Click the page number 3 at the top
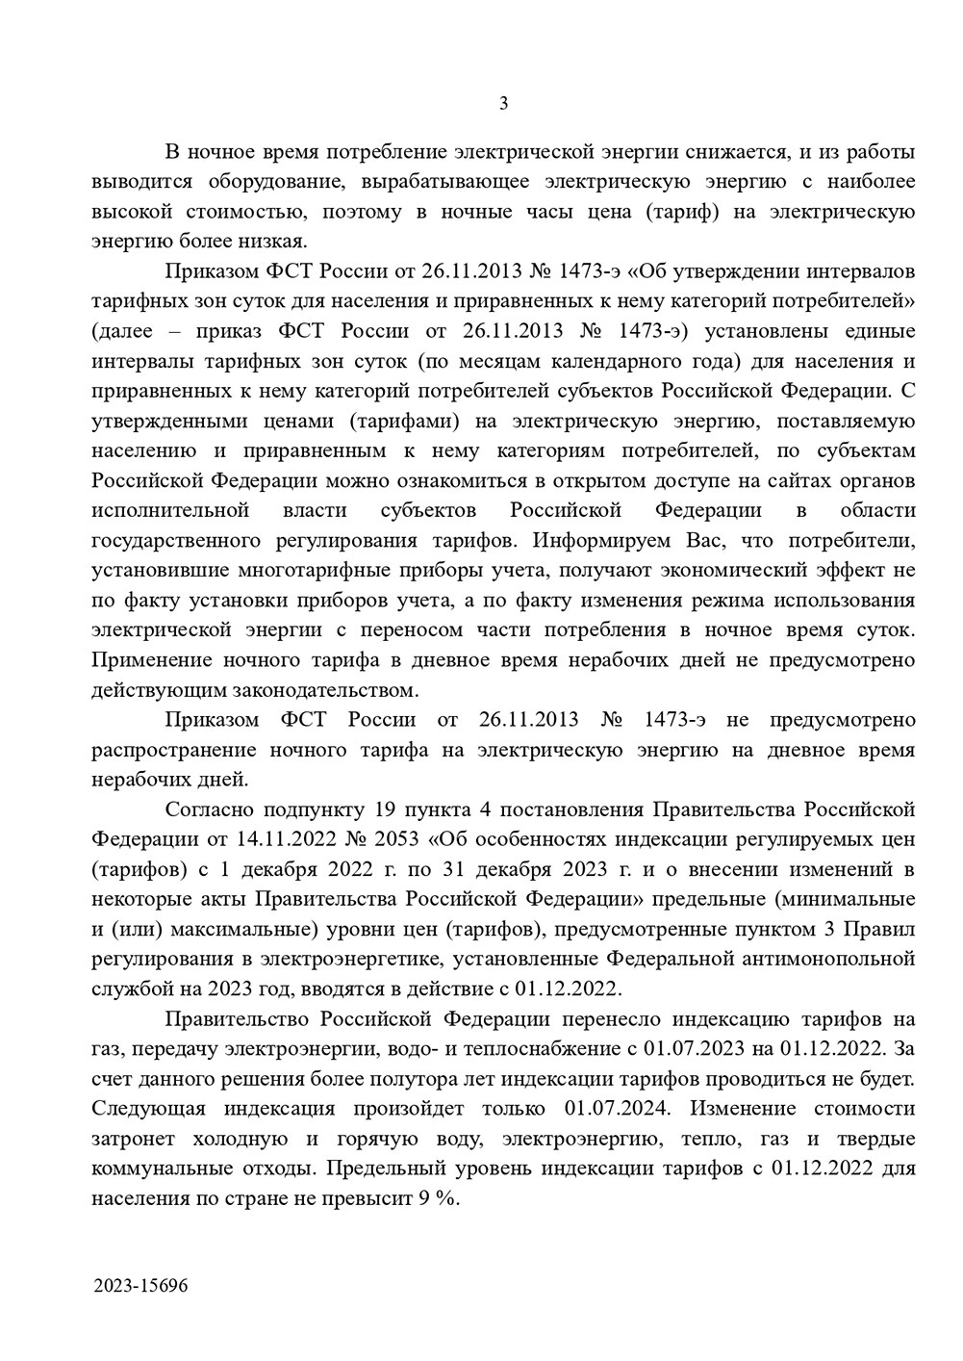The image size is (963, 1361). coord(503,104)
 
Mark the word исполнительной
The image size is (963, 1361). coord(170,510)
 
